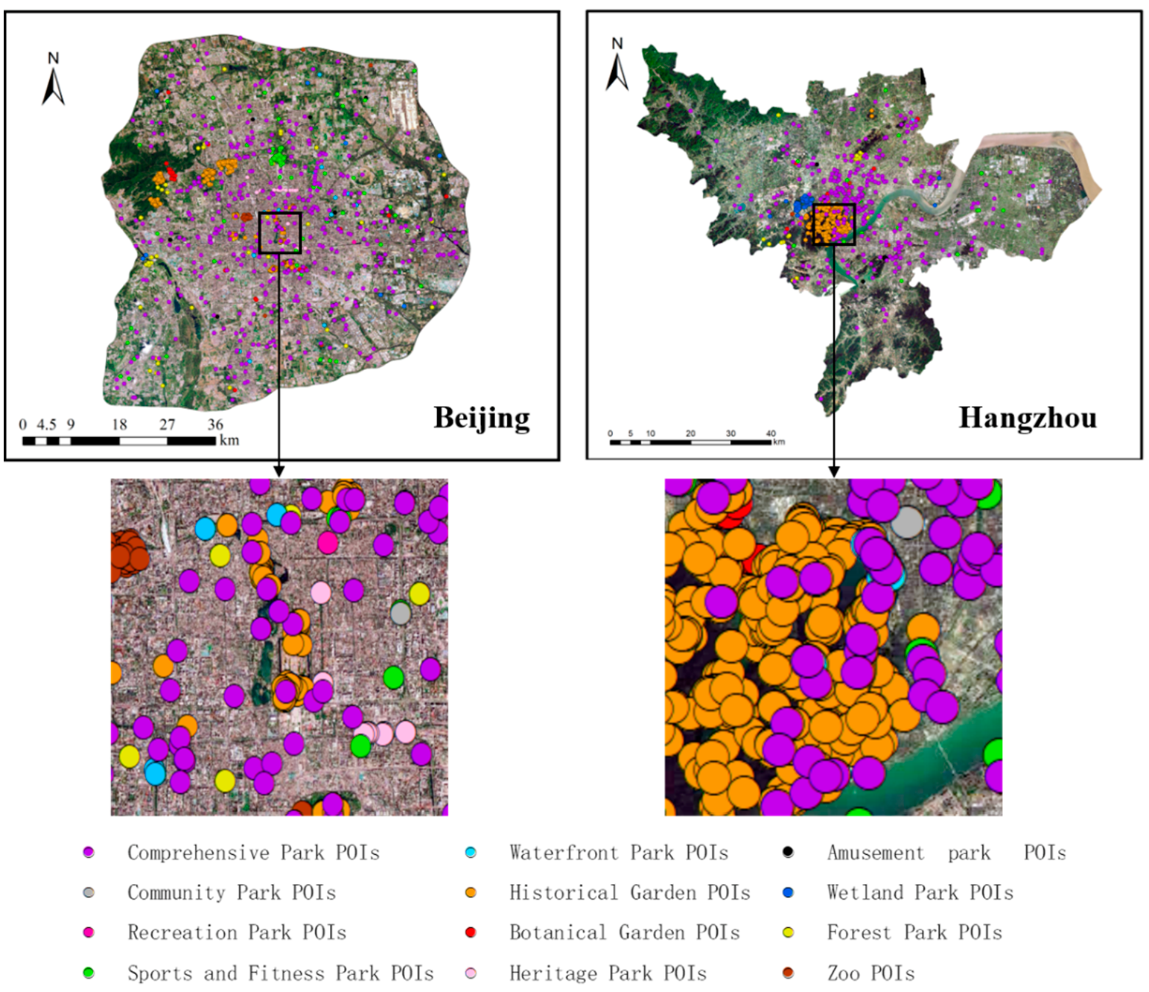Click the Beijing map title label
482,418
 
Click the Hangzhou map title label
1027,418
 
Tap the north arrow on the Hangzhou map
617,66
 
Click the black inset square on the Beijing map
280,233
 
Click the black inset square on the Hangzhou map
833,224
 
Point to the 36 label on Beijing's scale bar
215,425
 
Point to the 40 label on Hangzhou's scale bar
771,433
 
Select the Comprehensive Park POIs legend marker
89,853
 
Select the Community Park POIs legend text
231,892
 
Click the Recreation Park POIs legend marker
89,932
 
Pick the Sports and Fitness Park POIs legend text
280,973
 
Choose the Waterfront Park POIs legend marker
471,853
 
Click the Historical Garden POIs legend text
629,892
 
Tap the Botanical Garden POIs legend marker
471,932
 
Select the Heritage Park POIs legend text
608,973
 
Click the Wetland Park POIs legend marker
788,892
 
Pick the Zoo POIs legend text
870,973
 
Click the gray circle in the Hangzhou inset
907,522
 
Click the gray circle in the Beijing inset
401,614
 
